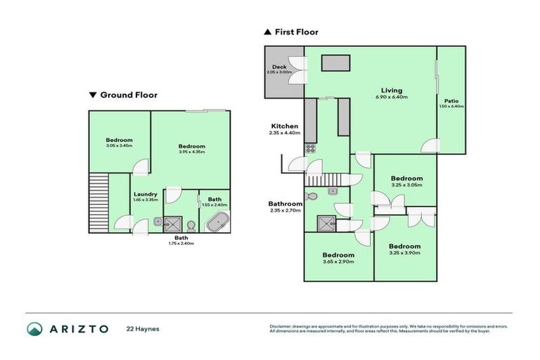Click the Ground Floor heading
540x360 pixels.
pos(129,95)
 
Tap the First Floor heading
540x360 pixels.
pos(295,32)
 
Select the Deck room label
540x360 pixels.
pos(279,67)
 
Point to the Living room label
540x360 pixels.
pos(392,91)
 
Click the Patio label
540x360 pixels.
pos(451,101)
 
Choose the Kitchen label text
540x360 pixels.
pos(284,127)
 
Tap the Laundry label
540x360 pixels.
pos(146,194)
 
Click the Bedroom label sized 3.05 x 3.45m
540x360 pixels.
pos(119,139)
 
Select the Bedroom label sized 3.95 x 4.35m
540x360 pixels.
pos(191,146)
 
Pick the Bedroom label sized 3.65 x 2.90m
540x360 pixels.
pos(338,255)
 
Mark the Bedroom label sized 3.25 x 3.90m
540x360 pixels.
pos(404,246)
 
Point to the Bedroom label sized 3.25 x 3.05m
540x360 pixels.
pos(406,179)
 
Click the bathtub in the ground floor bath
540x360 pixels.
pos(216,221)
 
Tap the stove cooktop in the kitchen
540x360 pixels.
pos(310,148)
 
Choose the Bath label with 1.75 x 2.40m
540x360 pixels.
pos(181,238)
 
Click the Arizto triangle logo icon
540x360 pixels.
pos(35,329)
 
